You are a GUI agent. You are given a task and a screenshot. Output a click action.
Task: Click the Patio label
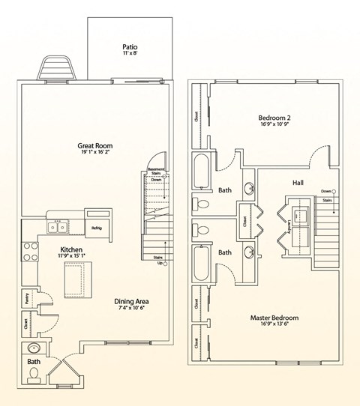click(x=129, y=46)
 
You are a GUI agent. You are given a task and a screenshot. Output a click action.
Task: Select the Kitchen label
click(x=72, y=249)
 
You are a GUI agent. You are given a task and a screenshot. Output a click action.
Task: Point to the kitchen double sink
click(x=57, y=226)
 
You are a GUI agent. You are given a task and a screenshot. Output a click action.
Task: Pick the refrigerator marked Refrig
click(x=97, y=228)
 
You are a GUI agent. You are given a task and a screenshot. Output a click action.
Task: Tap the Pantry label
click(x=26, y=299)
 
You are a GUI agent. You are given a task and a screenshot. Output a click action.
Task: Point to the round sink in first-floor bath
click(x=32, y=349)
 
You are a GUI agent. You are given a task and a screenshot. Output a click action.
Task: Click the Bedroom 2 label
click(x=275, y=118)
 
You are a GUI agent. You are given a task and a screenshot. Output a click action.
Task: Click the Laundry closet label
click(x=288, y=223)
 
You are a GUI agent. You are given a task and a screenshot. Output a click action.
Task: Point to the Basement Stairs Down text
click(x=155, y=175)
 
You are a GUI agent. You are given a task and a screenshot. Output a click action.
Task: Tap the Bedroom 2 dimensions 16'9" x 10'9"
click(x=275, y=127)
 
